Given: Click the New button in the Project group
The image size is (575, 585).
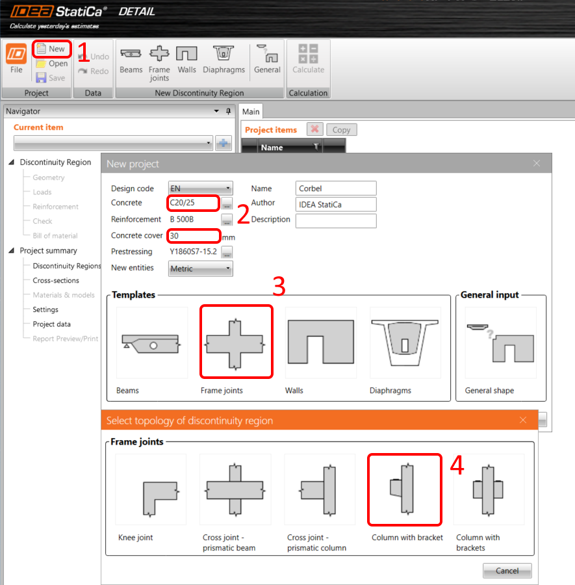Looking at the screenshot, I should point(51,49).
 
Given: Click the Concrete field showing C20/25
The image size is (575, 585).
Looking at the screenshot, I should point(192,203).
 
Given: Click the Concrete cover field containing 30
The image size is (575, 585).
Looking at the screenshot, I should point(194,236).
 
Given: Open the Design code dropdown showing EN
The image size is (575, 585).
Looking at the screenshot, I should point(200,188).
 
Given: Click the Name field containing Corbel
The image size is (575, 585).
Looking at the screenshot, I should point(335,188).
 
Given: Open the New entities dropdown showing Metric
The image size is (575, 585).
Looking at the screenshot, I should point(200,268).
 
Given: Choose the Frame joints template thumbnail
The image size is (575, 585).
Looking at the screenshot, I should point(235,342).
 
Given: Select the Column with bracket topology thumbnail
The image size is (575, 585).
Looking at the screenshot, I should point(405,489).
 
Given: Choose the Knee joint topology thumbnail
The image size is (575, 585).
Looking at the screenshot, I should point(151,489).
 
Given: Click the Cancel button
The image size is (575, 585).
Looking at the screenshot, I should point(507,571).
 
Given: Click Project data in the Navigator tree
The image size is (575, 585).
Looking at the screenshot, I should point(52,324).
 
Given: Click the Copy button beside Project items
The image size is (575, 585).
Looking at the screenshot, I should point(341,130).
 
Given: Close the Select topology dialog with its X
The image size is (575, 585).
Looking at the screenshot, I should point(523,421).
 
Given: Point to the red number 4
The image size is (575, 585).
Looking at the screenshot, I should point(457,466).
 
